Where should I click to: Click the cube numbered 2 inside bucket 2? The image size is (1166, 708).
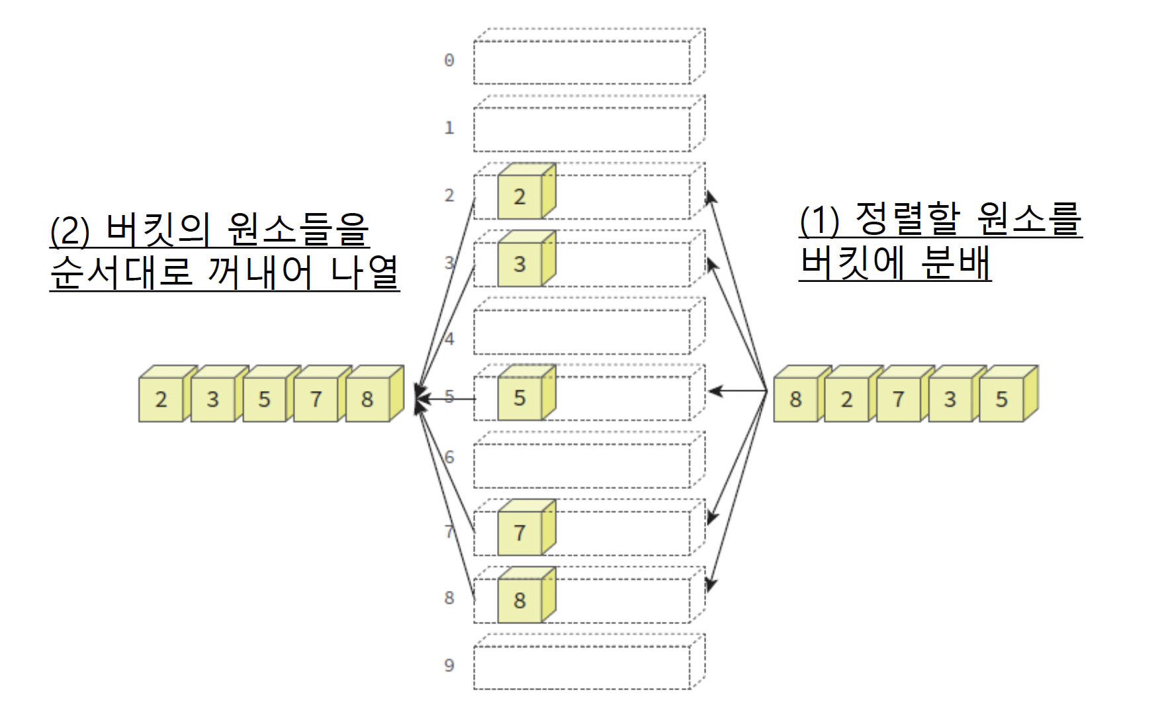(520, 197)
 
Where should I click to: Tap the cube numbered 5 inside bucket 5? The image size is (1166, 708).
(520, 398)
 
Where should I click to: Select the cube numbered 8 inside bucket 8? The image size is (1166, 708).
(520, 600)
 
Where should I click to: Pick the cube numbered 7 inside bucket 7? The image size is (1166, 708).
(520, 532)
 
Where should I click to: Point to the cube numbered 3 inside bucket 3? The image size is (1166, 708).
(520, 264)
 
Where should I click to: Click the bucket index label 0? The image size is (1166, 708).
(449, 61)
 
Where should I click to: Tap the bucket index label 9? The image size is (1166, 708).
(449, 665)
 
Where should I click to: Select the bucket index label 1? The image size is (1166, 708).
(449, 128)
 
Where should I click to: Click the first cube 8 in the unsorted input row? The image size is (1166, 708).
(795, 399)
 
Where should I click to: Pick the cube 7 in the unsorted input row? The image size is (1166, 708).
(899, 399)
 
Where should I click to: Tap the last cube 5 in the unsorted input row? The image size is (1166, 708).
(1002, 399)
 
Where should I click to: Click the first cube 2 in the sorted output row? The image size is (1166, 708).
(161, 399)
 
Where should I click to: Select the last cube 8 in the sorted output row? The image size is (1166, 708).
(368, 399)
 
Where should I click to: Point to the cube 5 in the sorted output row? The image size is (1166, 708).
(264, 399)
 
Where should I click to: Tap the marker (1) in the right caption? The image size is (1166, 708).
(819, 220)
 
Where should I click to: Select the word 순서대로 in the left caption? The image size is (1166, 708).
(120, 271)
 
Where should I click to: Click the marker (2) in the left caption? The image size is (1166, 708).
(69, 230)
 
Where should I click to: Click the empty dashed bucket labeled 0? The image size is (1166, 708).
(582, 62)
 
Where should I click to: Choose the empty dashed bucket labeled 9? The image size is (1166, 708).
(582, 667)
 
